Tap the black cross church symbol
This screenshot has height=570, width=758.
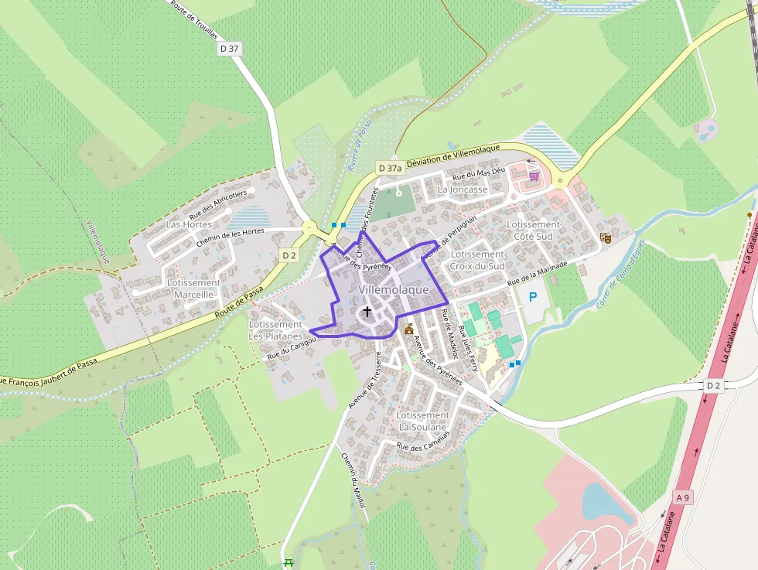point(367,312)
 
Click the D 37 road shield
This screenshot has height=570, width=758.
point(230,48)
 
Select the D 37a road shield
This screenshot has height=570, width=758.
point(390,168)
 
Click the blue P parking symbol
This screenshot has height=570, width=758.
point(532,297)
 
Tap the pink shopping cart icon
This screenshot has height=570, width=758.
point(533,176)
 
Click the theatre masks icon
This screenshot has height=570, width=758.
point(606,238)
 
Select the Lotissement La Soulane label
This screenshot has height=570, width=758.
point(422,421)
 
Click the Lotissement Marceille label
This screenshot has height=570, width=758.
point(193,288)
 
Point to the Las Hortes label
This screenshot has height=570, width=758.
point(189,224)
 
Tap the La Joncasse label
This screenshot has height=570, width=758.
point(463,189)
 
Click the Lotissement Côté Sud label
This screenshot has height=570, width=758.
point(534,230)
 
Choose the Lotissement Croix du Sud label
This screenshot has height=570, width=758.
point(477,260)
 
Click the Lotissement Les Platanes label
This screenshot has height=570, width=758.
point(275,330)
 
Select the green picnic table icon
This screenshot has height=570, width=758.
point(289,562)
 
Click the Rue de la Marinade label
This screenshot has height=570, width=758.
point(537,275)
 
